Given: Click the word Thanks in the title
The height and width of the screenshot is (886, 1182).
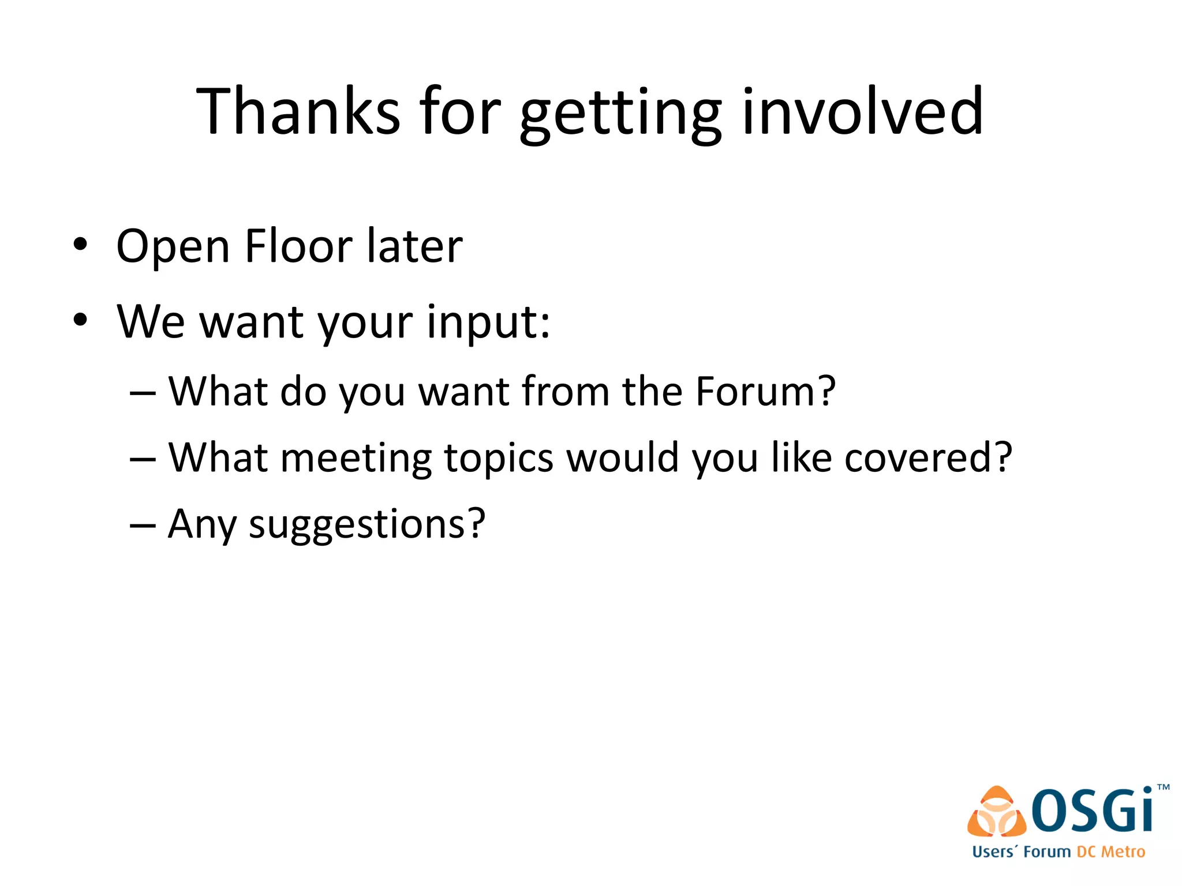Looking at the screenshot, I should [298, 111].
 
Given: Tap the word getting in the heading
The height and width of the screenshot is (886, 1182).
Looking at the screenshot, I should [620, 114].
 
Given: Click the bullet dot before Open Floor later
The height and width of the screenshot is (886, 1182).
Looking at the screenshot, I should [80, 245].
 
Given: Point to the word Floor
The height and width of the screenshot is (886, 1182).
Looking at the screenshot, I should [298, 246].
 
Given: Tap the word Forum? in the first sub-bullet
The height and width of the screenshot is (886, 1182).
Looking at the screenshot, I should [765, 392].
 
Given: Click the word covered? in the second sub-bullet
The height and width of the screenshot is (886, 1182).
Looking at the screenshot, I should [928, 458].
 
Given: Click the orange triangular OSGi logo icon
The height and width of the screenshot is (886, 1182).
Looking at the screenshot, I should [997, 812].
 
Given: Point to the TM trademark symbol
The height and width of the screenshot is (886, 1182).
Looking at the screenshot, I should [1163, 787].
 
